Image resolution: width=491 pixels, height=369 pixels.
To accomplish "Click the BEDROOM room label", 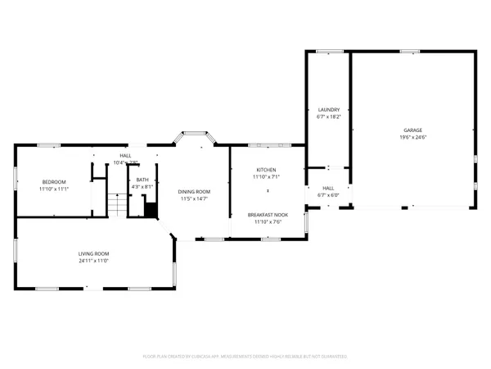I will [x=54, y=181].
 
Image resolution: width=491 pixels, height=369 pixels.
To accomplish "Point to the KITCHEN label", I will [x=267, y=169].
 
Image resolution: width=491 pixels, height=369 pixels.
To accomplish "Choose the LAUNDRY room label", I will [x=328, y=109].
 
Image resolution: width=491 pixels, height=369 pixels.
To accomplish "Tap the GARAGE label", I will [x=412, y=130].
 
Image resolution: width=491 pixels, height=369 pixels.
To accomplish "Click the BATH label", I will [x=142, y=180].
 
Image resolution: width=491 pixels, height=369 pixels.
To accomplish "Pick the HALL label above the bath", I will [x=125, y=155].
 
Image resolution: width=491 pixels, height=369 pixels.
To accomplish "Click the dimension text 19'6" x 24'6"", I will [x=412, y=137].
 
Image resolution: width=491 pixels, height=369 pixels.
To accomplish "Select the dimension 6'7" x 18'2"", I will [x=328, y=116].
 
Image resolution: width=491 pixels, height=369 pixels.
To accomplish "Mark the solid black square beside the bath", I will [x=150, y=211].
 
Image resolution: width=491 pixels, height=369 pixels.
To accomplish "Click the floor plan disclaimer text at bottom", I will [x=245, y=357].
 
